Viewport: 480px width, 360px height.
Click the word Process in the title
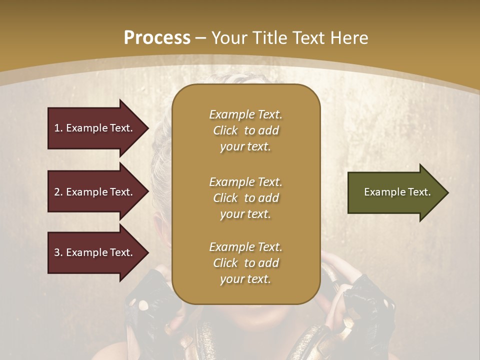[157, 38]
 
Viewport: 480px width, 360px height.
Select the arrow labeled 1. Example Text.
[95, 128]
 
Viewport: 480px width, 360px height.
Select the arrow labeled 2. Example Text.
[95, 192]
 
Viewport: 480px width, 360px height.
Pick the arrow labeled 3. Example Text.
[95, 252]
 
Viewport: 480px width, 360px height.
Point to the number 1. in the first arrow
[58, 128]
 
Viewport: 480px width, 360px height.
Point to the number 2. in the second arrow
[58, 192]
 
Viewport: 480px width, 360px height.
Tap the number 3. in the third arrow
[58, 252]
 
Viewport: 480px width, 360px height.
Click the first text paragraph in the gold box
[245, 130]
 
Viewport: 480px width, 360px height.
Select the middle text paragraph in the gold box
[245, 198]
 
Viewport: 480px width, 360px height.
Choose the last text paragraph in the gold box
[245, 263]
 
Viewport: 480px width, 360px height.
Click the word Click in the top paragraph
[225, 130]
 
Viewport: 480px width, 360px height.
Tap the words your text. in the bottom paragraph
[245, 279]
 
